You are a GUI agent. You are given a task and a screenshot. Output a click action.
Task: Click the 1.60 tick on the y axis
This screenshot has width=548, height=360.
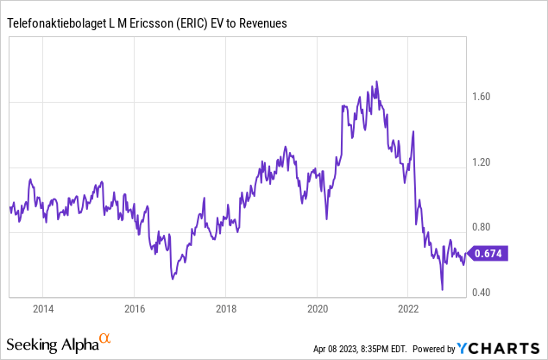click(480, 97)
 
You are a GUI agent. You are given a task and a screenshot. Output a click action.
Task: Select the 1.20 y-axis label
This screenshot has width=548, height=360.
click(480, 162)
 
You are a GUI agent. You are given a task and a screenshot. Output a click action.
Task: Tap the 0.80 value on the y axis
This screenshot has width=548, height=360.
click(480, 228)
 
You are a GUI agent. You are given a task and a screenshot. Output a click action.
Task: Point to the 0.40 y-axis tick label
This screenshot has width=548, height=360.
click(480, 293)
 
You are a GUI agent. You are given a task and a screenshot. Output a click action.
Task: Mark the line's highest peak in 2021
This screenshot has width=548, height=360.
click(377, 82)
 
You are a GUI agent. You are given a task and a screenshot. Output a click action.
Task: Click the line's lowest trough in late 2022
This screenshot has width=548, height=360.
click(442, 290)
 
